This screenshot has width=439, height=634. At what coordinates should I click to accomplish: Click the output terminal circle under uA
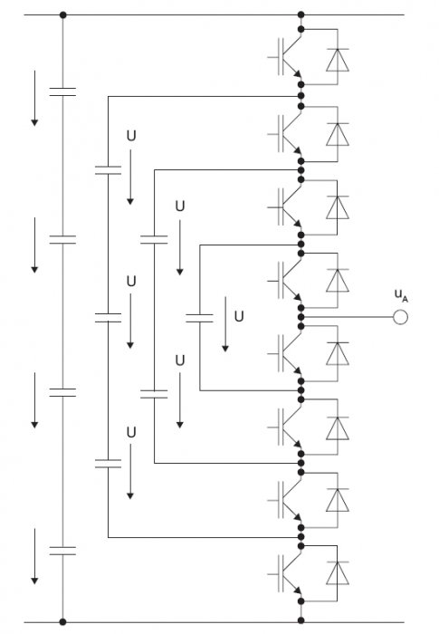coord(400,317)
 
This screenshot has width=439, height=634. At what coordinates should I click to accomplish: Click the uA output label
coord(401,295)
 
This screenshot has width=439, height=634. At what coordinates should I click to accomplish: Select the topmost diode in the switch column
coord(338,60)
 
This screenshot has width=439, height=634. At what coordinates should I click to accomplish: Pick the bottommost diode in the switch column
coord(338,572)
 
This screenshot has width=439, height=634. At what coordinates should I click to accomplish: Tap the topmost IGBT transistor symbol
coord(284,56)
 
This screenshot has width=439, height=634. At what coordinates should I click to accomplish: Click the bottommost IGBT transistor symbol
coord(284,573)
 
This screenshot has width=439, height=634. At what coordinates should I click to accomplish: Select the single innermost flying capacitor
coord(199,318)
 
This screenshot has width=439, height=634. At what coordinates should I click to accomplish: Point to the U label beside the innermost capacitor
coord(239,316)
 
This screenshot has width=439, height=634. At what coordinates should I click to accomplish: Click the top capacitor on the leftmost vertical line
coord(62,91)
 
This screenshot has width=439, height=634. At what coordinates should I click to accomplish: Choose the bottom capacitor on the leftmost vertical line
coord(62,551)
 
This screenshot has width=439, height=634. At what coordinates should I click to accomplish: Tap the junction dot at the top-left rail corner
coord(62,15)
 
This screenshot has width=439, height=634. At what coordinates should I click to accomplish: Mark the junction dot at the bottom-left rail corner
coord(62,622)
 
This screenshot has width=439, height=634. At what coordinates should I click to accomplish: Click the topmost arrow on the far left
coord(34,98)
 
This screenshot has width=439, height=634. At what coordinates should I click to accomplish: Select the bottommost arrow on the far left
coord(34,556)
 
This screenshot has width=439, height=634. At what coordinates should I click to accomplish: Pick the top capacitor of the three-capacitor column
coord(108,170)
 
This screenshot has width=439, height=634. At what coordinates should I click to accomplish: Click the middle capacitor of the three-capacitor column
coord(108,318)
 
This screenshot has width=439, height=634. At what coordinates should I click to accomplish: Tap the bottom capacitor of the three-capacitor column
coord(108,464)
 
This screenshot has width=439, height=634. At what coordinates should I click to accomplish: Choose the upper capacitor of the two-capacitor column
coord(154,240)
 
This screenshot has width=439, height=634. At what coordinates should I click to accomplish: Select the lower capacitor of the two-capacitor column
coord(154,394)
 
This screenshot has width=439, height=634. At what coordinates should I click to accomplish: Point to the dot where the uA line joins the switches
coord(301,317)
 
